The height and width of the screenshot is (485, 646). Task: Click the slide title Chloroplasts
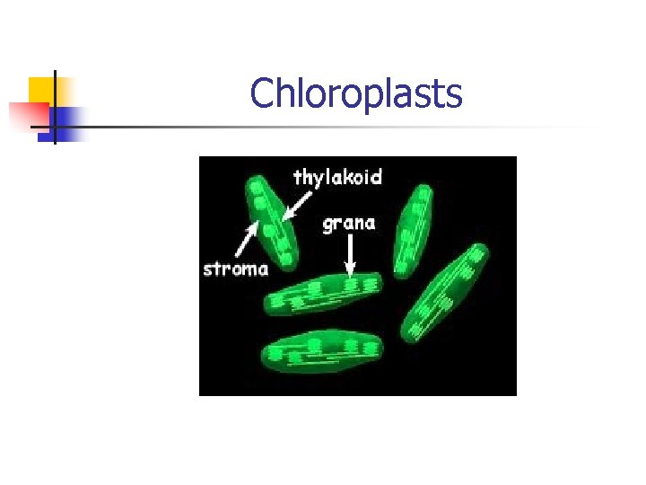[x=356, y=93]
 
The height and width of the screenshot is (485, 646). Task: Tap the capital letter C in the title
[x=263, y=93]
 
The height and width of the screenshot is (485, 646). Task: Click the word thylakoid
[x=336, y=178]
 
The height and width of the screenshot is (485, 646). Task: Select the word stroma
[x=235, y=269]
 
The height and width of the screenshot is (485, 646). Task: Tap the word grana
[x=350, y=223]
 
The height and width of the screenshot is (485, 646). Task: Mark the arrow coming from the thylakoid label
[x=292, y=206]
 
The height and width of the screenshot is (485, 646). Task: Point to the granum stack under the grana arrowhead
[x=351, y=285]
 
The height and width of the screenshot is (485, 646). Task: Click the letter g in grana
[x=328, y=225]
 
